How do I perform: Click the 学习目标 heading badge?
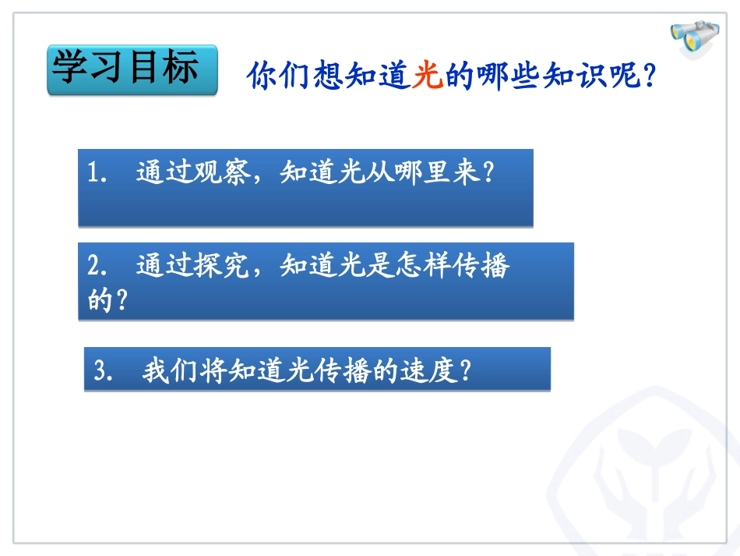pos(132,69)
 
